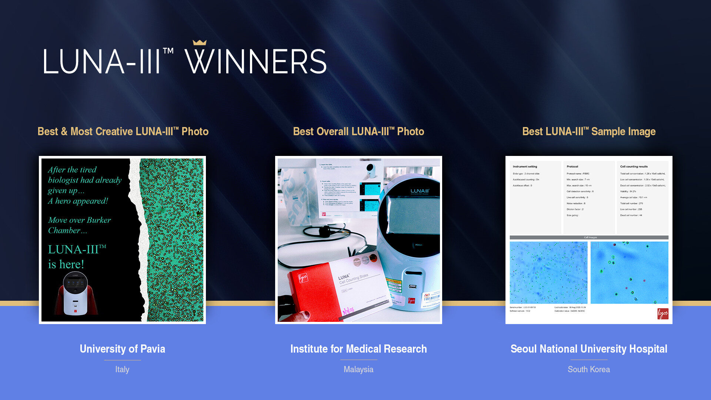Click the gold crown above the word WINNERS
click(200, 43)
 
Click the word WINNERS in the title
click(256, 62)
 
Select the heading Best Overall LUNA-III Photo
click(358, 131)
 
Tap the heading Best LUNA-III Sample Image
click(589, 131)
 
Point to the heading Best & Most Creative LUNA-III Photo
click(123, 131)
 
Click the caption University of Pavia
click(122, 349)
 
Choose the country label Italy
click(122, 369)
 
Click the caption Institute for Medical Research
click(358, 349)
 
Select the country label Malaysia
click(358, 369)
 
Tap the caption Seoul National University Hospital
click(589, 349)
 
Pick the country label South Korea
click(589, 369)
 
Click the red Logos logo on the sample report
click(662, 314)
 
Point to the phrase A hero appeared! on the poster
click(78, 201)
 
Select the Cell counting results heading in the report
click(634, 167)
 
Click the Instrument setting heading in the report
click(525, 167)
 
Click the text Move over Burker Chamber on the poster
click(79, 225)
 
